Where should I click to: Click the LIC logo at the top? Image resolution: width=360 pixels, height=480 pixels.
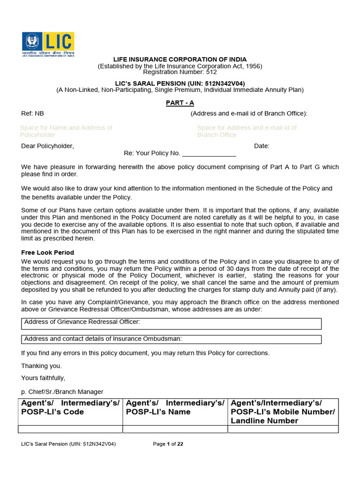coord(48,44)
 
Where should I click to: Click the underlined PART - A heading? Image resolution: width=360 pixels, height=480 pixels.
coord(180,103)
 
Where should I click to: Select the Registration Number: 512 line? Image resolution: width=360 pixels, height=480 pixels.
coord(180,72)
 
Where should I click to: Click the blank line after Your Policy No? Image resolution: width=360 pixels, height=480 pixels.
coord(209,153)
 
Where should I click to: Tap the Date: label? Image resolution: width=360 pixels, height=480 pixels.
coord(262,146)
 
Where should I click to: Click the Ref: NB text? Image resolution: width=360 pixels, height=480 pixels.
coord(33,113)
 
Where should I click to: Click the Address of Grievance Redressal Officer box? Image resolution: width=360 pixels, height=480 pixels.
coord(172,323)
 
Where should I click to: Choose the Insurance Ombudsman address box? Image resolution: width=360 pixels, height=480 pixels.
coord(172,339)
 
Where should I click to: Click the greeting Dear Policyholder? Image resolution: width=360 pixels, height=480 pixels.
coord(47,146)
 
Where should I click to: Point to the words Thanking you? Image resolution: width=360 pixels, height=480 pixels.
coord(41,366)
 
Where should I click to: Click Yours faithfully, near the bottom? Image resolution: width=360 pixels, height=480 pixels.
coord(43,378)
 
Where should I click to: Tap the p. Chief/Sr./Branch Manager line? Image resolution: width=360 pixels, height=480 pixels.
coord(62,391)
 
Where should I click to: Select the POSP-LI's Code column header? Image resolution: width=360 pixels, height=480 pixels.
coord(70,407)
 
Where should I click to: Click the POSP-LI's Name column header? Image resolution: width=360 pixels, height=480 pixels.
coord(175,407)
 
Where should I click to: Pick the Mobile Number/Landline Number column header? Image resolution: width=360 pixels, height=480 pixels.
coord(283,412)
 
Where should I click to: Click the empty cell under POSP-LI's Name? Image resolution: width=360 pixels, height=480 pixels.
coord(175,429)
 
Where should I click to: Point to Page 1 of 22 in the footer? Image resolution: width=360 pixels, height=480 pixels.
coord(168,444)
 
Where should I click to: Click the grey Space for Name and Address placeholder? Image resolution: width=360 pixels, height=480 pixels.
coord(66,131)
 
